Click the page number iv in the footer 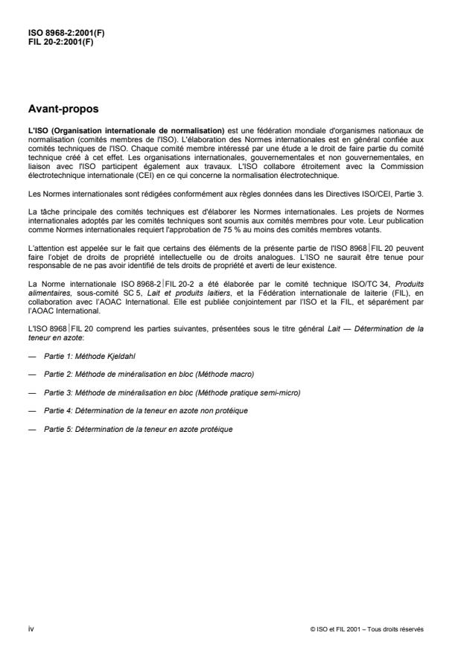(x=31, y=628)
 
